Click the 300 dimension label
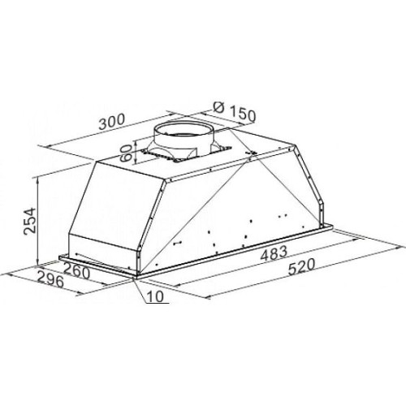(112, 122)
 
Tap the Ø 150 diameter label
(234, 111)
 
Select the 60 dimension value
(126, 153)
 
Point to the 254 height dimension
(29, 221)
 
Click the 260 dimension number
(76, 272)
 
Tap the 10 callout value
(156, 296)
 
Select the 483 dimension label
(274, 253)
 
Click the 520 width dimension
(302, 266)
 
